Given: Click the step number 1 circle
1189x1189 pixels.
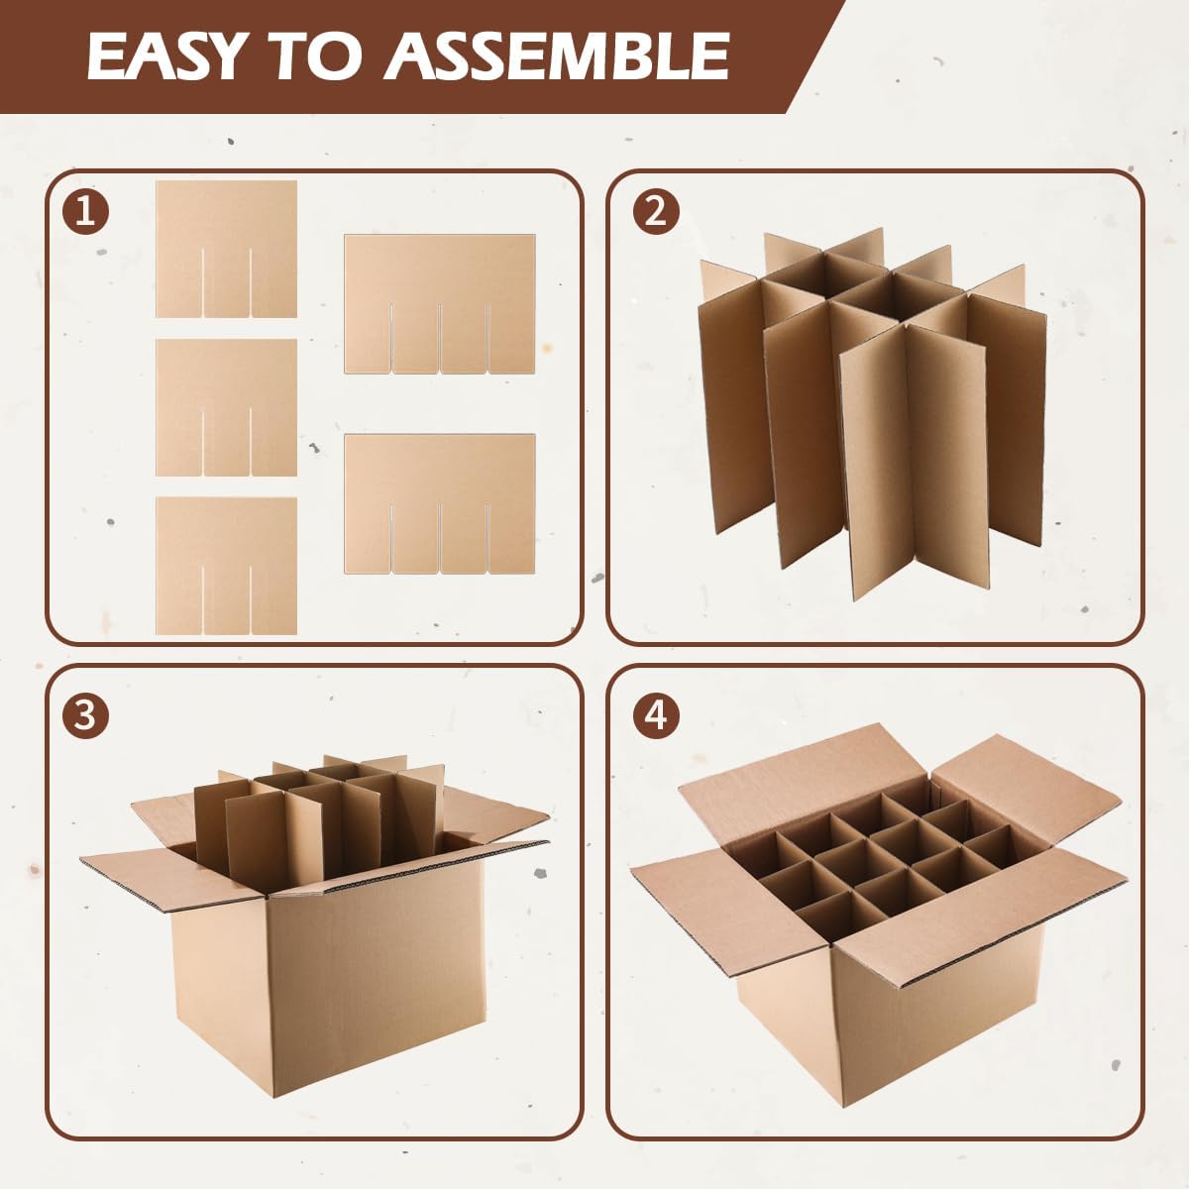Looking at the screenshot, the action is tap(85, 212).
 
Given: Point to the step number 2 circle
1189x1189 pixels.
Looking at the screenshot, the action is tap(656, 212).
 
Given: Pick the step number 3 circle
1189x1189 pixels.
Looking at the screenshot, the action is tap(85, 716).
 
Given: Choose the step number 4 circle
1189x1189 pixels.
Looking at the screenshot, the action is tap(656, 716).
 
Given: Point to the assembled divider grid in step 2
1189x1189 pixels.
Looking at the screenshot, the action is tap(873, 413).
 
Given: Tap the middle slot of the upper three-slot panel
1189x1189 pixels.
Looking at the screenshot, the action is tap(439, 338).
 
